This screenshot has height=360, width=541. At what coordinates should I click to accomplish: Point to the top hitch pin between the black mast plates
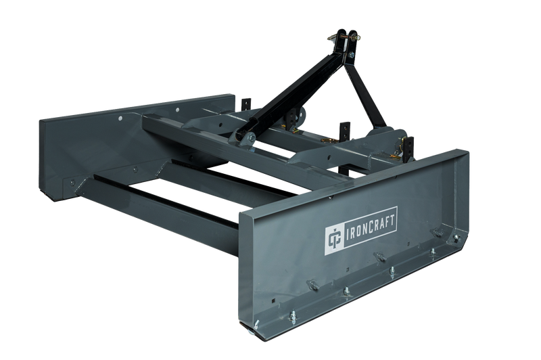(344, 36)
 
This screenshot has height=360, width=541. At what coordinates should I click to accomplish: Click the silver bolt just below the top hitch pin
(351, 55)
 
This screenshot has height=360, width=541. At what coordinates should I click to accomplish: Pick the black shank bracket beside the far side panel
(245, 105)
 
